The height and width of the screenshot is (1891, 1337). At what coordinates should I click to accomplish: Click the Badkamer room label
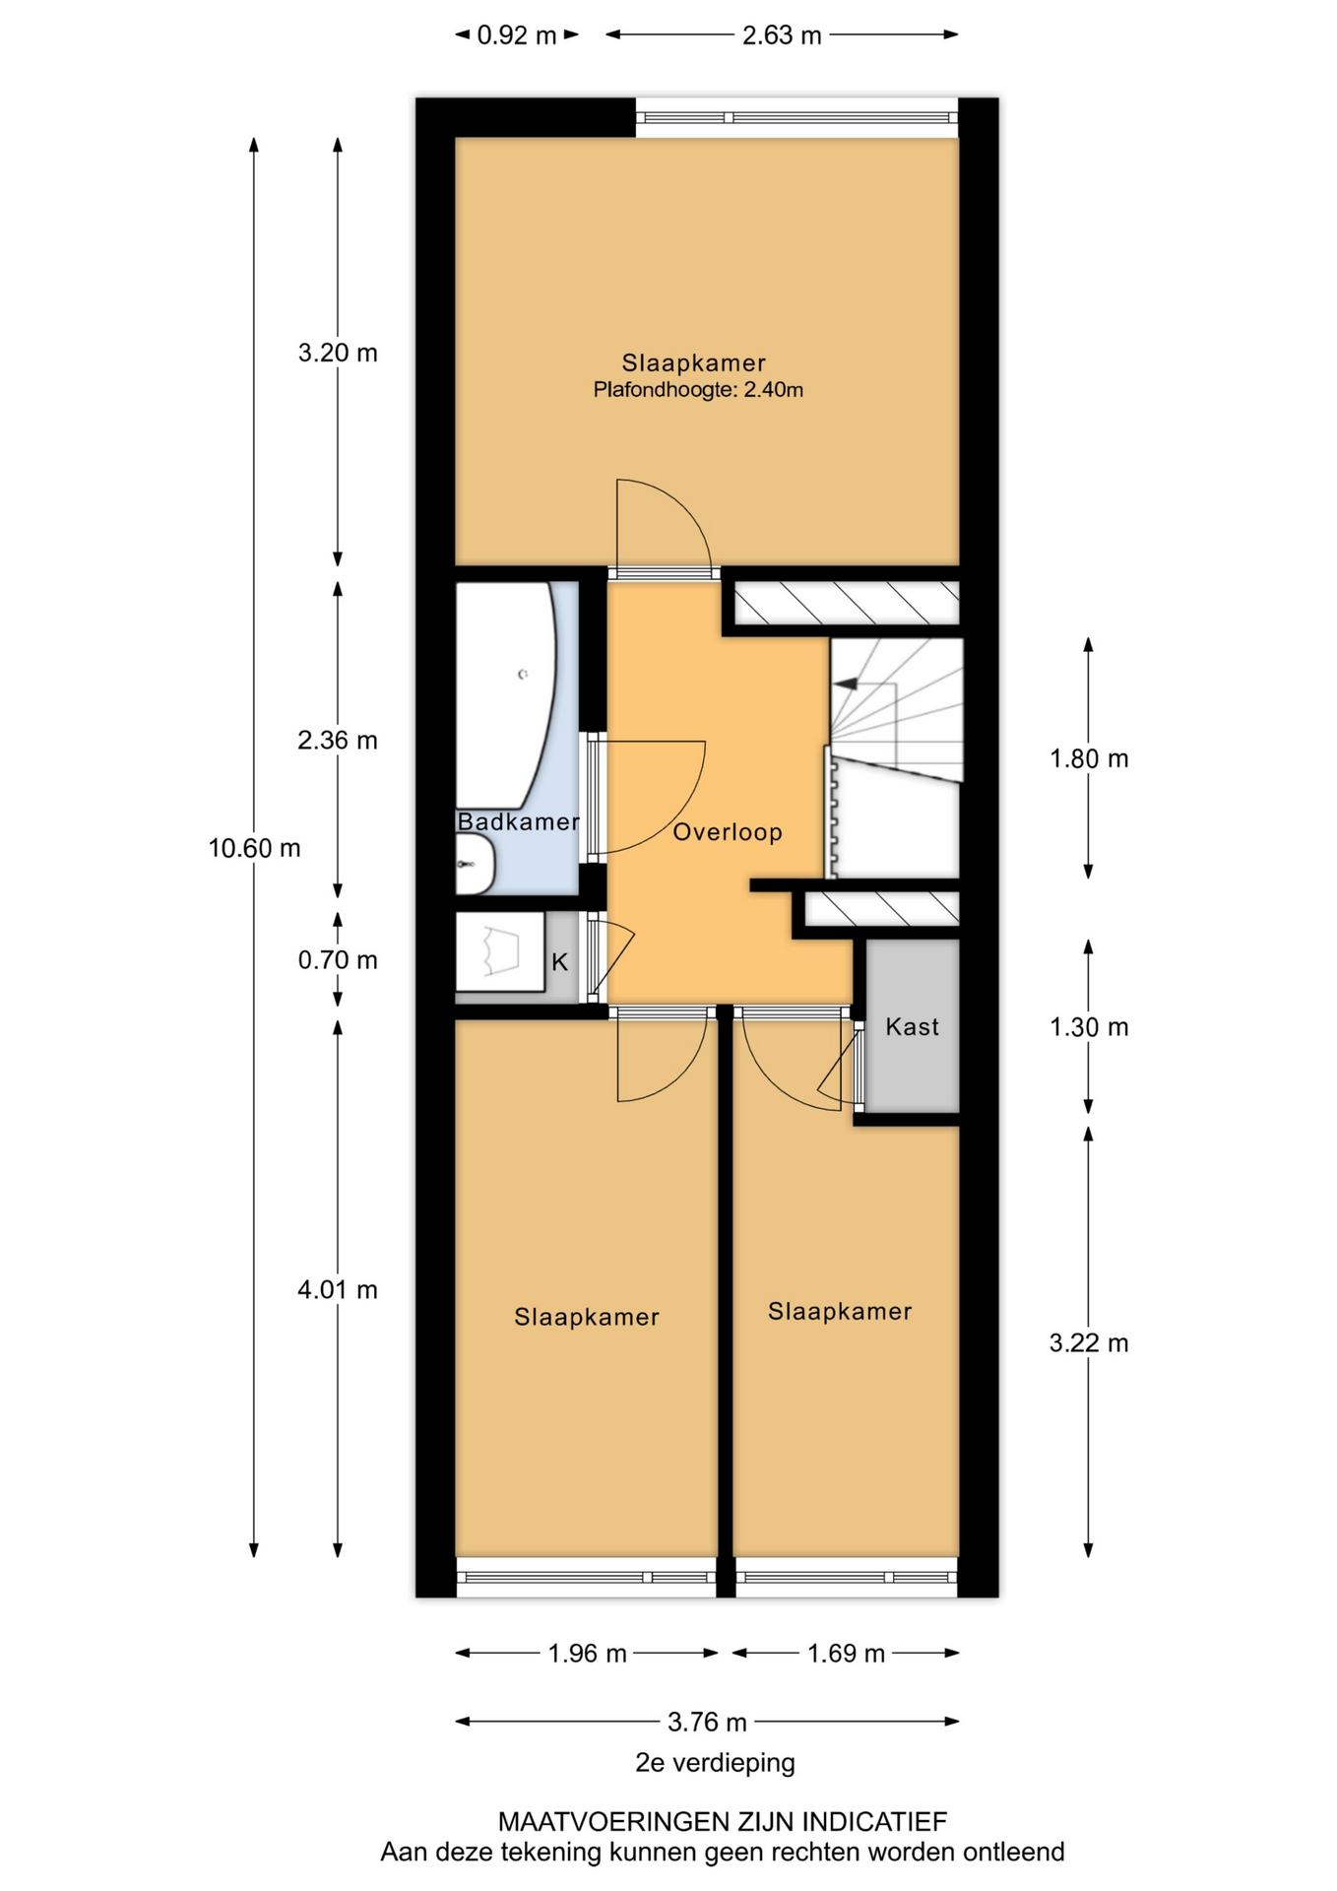coord(518,821)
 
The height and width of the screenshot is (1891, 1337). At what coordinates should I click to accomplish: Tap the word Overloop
coord(728,832)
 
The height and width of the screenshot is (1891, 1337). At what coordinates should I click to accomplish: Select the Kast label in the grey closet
coord(912,1026)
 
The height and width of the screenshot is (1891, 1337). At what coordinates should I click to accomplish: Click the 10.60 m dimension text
coord(254,848)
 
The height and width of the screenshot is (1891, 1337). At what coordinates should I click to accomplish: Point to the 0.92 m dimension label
coord(517,35)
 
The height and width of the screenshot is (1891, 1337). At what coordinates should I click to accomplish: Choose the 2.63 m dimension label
coord(782,35)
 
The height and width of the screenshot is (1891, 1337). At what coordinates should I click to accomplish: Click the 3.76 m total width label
coord(707,1722)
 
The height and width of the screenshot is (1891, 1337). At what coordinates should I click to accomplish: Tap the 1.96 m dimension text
coord(587,1653)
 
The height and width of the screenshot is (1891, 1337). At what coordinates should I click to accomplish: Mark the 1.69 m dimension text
coord(846,1653)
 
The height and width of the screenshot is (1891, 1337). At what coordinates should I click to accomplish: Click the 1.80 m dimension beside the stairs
coord(1089,758)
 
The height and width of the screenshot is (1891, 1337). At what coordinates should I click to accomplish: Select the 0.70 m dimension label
coord(338,959)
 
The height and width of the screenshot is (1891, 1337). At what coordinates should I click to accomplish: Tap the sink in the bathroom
coord(476,864)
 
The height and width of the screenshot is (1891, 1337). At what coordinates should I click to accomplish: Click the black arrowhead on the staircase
coord(845,683)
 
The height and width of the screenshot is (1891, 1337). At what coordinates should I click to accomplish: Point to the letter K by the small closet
coord(559,962)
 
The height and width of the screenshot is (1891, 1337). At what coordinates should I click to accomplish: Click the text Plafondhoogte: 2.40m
coord(698,390)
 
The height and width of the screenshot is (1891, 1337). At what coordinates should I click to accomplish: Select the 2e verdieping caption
coord(715,1762)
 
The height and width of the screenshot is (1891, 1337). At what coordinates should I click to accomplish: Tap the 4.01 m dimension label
coord(338,1289)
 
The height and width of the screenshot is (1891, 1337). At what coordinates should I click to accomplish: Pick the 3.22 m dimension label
coord(1089,1342)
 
